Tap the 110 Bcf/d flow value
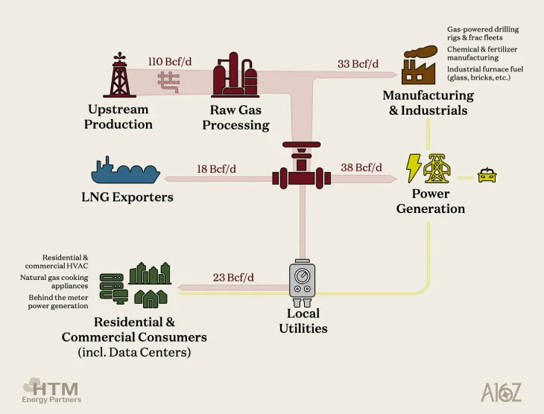[x=170, y=61]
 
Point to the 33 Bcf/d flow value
[x=358, y=64]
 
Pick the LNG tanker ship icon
[x=125, y=172]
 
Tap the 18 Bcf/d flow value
[x=217, y=169]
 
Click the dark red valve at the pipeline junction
[x=301, y=171]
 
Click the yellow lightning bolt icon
[x=413, y=168]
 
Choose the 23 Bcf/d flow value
[x=233, y=278]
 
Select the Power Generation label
[x=431, y=201]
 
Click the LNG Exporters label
[x=127, y=197]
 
